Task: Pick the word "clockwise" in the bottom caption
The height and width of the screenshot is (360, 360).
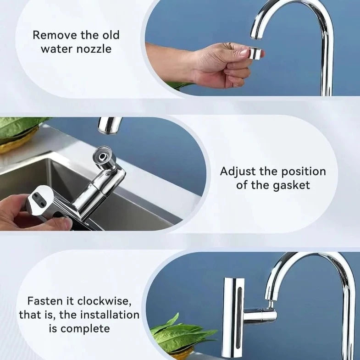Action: pyautogui.click(x=108, y=301)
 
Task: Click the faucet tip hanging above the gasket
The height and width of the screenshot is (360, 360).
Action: pyautogui.click(x=110, y=125)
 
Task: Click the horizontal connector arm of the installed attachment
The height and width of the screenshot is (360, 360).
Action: pyautogui.click(x=260, y=316)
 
